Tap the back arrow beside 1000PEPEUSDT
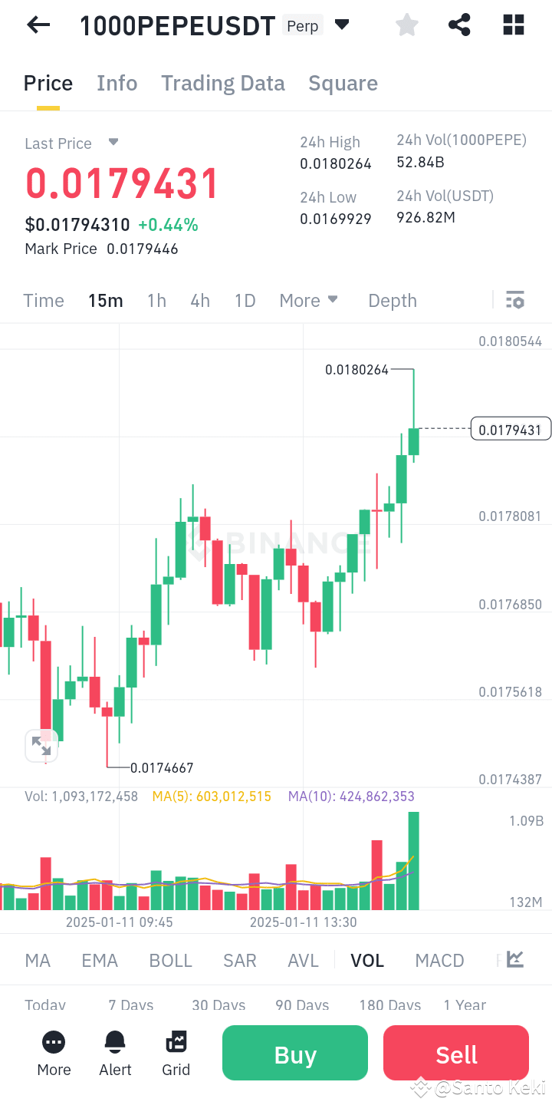pos(38,25)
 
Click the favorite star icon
pos(407,25)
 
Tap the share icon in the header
pos(459,25)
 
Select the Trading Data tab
pos(222,83)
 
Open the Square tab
pos(343,83)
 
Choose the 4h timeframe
pos(200,301)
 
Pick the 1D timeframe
pos(245,301)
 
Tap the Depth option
pos(393,301)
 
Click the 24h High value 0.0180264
pos(336,163)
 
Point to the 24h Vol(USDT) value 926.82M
pos(426,217)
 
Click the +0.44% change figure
pos(168,225)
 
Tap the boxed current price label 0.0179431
pos(511,430)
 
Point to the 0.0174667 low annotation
pos(162,767)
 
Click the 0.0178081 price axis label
pos(510,516)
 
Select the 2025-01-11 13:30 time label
pos(304,922)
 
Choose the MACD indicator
pos(439,961)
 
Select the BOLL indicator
pos(170,961)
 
